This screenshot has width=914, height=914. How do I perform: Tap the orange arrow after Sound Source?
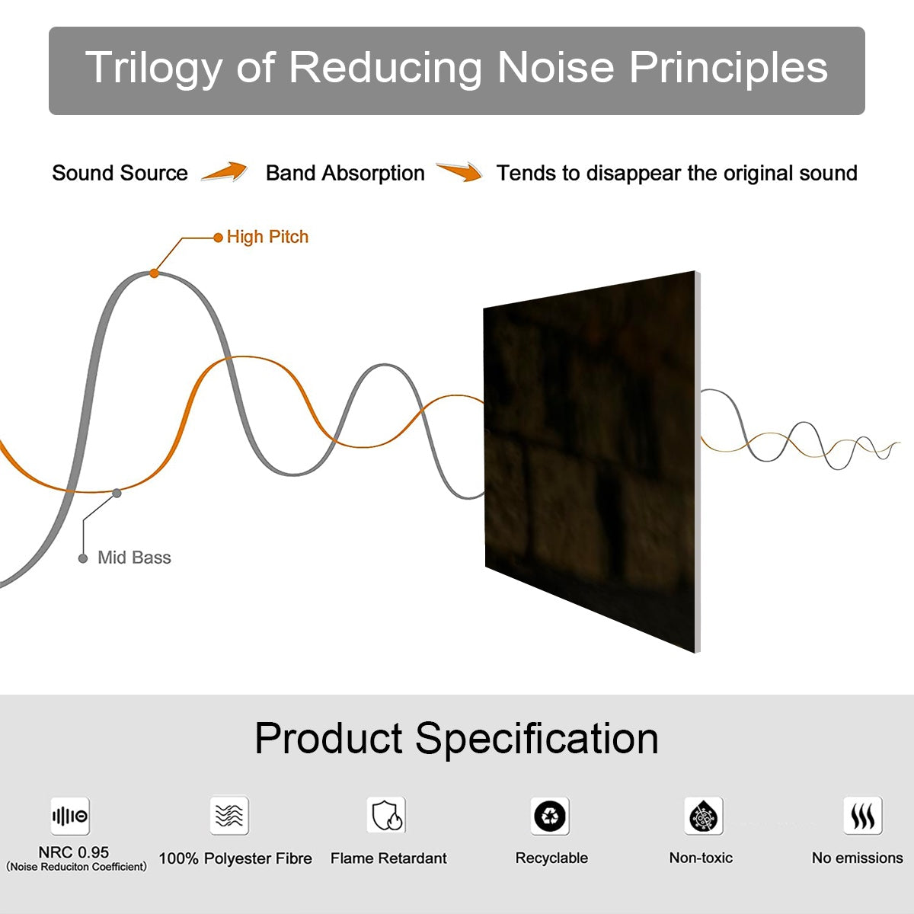[225, 172]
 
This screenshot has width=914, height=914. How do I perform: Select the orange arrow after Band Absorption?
[459, 172]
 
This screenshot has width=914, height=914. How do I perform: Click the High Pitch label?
[267, 237]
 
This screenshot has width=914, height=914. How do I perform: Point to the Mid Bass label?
[134, 558]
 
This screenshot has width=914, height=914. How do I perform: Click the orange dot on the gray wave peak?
[154, 273]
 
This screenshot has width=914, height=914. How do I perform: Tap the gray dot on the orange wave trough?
[117, 493]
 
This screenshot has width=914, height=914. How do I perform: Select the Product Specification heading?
[456, 738]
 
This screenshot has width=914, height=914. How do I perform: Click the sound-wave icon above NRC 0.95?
[70, 817]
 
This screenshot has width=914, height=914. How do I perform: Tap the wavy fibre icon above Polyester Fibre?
[229, 816]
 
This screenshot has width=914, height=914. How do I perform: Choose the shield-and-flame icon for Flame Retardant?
[386, 816]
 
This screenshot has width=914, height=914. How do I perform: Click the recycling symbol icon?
[550, 817]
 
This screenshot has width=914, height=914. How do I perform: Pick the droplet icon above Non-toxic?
[703, 817]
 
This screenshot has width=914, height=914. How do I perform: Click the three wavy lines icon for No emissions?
[862, 817]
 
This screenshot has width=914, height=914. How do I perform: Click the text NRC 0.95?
[74, 852]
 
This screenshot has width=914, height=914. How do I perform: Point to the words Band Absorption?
[345, 174]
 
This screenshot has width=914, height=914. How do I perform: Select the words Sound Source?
[120, 174]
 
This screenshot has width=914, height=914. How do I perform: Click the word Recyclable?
[551, 858]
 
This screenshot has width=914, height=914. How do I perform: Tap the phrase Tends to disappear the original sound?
[676, 174]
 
